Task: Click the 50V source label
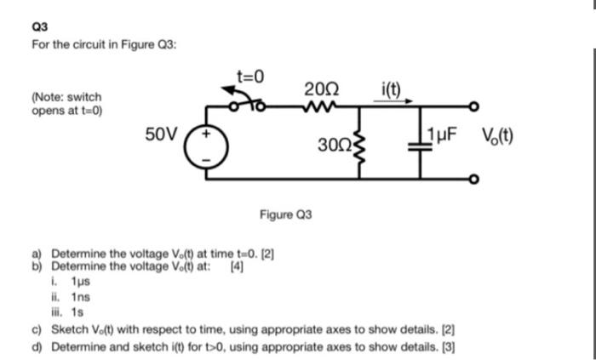161,134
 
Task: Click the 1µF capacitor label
448,134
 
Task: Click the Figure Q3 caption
285,214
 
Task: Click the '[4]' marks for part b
238,265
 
